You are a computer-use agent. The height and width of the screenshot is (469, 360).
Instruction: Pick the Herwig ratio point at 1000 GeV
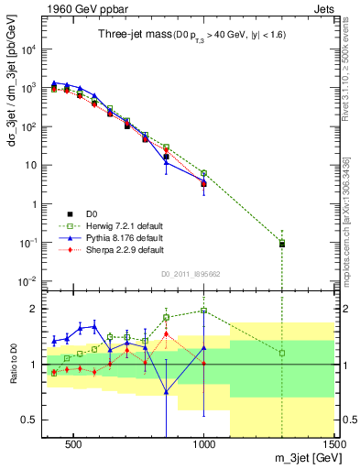(x=204, y=311)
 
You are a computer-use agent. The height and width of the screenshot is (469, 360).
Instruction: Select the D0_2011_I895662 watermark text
(x=190, y=272)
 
